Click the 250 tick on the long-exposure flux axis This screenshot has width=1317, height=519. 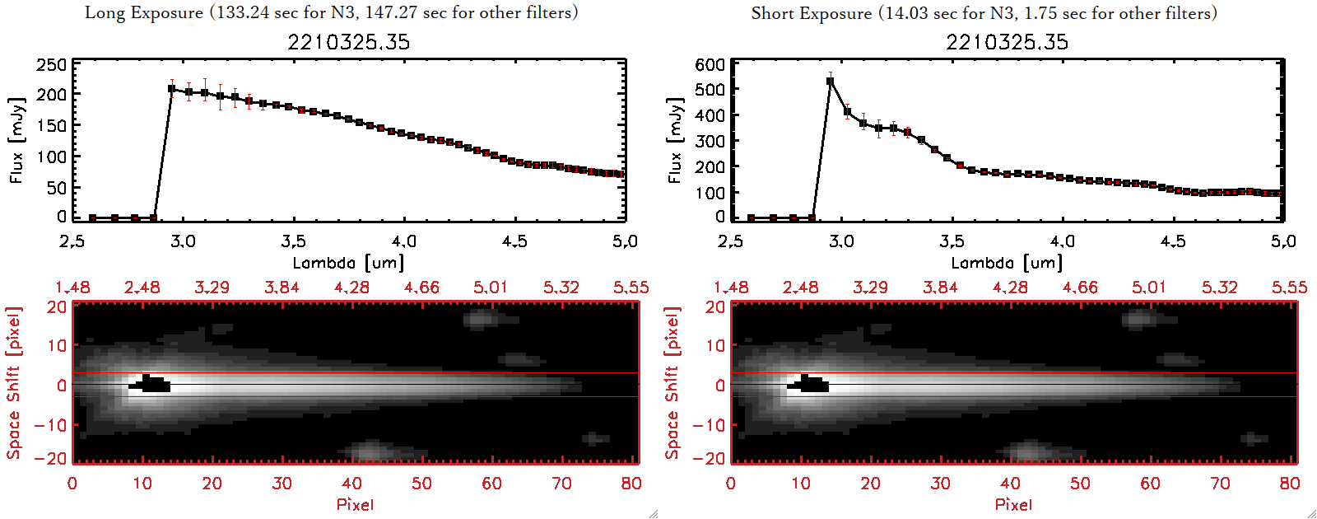tap(51, 65)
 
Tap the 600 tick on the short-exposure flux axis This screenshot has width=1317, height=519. tap(710, 65)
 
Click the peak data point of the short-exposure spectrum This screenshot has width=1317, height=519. tap(830, 81)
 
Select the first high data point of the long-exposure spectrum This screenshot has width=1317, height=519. tap(171, 89)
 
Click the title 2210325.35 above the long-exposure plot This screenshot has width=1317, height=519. tap(348, 42)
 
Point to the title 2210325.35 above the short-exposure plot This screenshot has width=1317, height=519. tap(1007, 42)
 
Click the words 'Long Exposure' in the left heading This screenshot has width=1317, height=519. tap(144, 13)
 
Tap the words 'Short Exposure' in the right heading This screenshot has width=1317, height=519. tap(811, 13)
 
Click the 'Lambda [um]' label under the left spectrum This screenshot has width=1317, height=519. tap(348, 263)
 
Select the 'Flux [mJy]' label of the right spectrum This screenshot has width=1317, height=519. tap(675, 140)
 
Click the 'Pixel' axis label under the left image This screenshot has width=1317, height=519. tap(355, 504)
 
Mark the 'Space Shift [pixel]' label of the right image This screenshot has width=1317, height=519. tap(672, 383)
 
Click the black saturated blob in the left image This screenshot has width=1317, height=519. tap(150, 384)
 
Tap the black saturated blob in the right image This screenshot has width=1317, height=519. tap(808, 384)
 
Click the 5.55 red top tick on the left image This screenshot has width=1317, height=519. tap(631, 288)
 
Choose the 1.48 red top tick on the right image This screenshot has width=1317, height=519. tap(731, 288)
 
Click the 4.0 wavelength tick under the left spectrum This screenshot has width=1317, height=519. tap(403, 241)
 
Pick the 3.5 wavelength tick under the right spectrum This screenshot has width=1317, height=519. tap(952, 241)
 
